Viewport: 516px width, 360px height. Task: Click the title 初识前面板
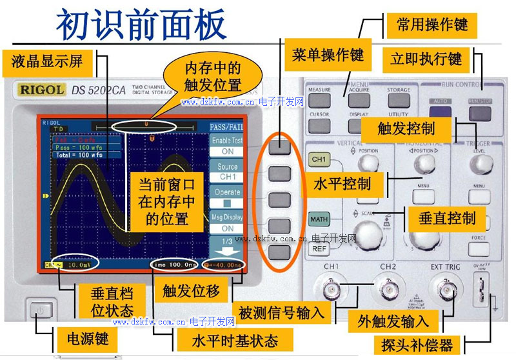(142, 25)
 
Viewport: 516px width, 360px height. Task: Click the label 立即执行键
(426, 59)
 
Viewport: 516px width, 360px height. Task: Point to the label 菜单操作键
(328, 55)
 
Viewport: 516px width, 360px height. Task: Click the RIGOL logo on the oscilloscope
(41, 90)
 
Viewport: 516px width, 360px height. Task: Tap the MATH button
(319, 219)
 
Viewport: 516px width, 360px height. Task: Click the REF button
(319, 248)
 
